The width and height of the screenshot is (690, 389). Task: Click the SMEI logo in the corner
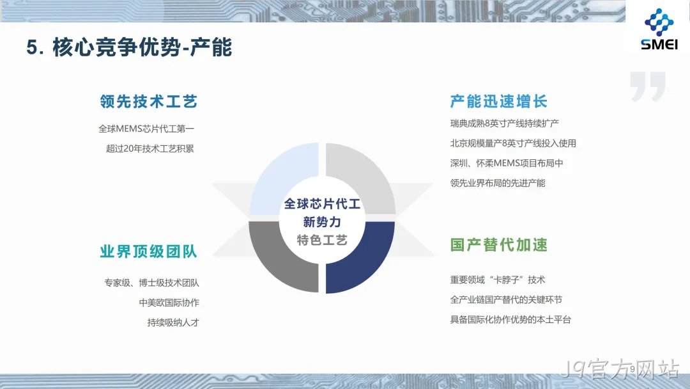tap(659, 29)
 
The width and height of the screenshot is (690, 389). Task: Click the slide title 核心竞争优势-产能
tap(142, 47)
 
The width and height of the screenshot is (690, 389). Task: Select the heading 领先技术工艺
tap(149, 102)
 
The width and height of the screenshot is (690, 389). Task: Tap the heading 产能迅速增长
tap(498, 102)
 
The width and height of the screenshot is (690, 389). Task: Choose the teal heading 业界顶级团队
tap(149, 251)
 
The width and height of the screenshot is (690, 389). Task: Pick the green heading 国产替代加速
tap(498, 245)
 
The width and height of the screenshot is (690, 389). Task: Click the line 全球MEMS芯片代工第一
tap(146, 129)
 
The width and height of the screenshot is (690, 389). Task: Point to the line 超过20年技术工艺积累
tap(150, 148)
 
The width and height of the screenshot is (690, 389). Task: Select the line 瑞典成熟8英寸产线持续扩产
tap(504, 123)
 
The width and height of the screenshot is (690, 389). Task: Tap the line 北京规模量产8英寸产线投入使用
tap(513, 143)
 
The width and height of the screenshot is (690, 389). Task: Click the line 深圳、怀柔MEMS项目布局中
tap(507, 163)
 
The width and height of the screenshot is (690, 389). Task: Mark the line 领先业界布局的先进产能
tap(498, 183)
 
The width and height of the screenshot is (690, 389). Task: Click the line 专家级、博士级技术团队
tap(152, 283)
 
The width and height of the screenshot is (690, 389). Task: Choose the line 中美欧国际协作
tap(169, 303)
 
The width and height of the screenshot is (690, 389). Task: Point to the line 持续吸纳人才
tap(173, 322)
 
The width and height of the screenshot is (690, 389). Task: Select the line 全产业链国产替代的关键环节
tap(506, 299)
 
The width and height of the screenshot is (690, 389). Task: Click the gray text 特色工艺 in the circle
tap(322, 240)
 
